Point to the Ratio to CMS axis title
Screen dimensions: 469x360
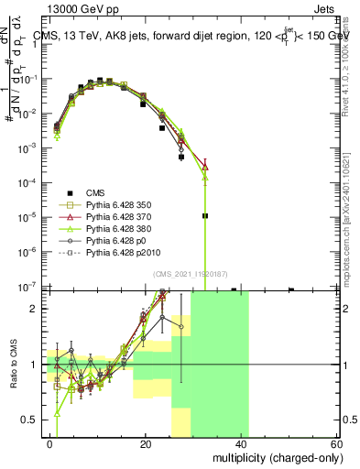click(x=12, y=363)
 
